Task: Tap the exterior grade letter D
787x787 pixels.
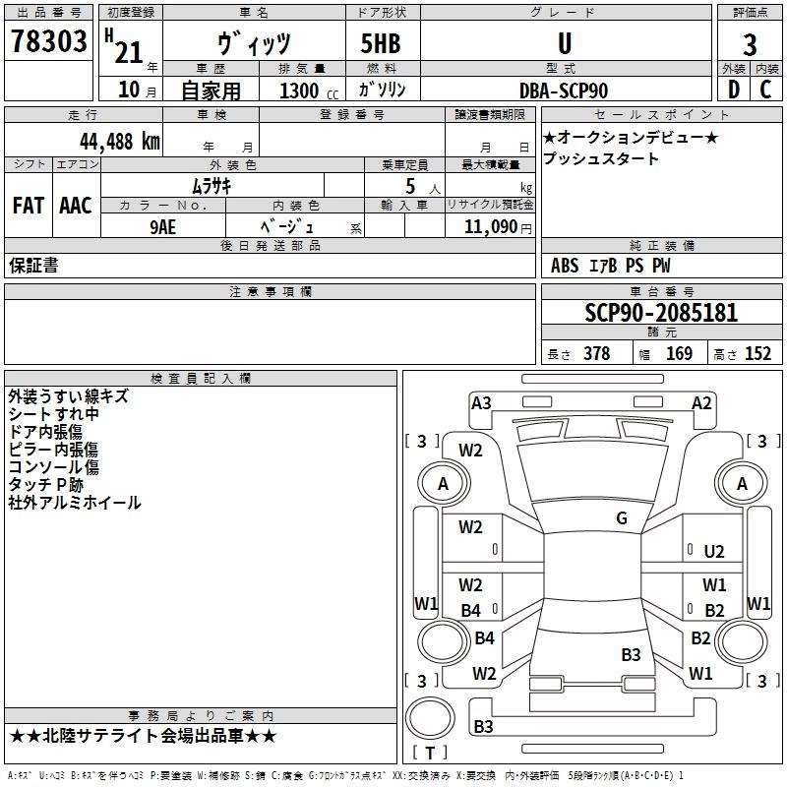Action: tap(733, 90)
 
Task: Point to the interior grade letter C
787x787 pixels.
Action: tap(765, 90)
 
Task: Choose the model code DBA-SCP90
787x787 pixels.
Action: tap(564, 91)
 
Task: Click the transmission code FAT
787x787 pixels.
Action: tap(28, 206)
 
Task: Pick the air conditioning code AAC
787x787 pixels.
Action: tap(75, 206)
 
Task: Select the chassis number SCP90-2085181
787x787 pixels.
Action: tap(660, 313)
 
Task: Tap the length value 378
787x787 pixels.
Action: tap(596, 354)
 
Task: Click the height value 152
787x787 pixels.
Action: tap(757, 354)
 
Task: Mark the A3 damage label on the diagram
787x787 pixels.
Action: tap(481, 402)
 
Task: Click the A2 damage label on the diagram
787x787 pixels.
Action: tap(701, 402)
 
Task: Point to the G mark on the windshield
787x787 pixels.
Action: tap(622, 518)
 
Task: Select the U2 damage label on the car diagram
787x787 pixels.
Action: tap(714, 552)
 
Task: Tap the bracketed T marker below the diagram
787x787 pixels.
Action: tap(429, 753)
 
